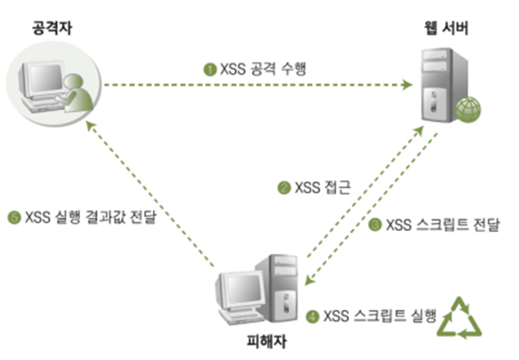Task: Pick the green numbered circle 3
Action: click(375, 225)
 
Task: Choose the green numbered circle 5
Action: click(14, 215)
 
